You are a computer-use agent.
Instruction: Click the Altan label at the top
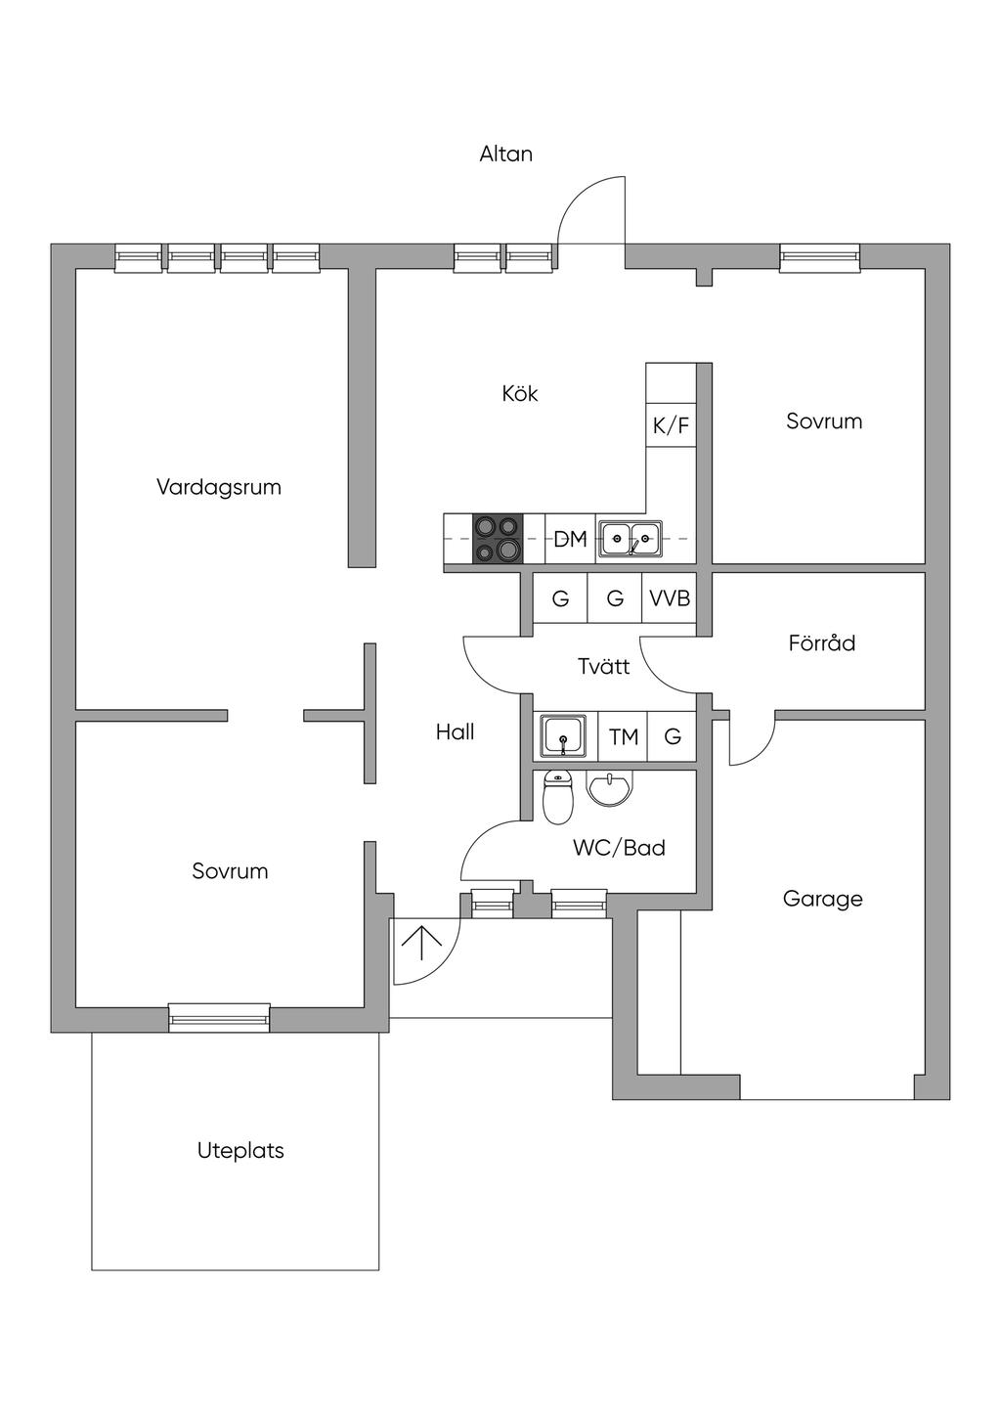click(x=505, y=154)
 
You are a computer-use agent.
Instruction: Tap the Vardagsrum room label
click(x=219, y=486)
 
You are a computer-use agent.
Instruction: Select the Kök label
click(x=520, y=393)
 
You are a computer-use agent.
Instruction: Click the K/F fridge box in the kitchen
click(x=671, y=425)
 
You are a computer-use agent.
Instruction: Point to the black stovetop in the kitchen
click(x=497, y=538)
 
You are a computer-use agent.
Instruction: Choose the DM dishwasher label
click(x=570, y=539)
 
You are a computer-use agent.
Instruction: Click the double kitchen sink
click(x=630, y=538)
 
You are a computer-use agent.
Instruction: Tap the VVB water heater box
click(x=670, y=598)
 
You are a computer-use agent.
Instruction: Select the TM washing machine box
click(x=624, y=736)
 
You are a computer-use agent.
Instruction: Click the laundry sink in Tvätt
click(x=564, y=735)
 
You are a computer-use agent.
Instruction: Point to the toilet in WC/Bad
click(x=557, y=798)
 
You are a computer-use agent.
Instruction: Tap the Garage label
click(x=822, y=898)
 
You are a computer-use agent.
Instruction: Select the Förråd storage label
click(x=821, y=642)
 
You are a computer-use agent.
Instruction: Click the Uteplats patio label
click(x=240, y=1150)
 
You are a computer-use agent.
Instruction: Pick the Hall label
click(x=455, y=731)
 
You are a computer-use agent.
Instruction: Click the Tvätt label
click(x=603, y=667)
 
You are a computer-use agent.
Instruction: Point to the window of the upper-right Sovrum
click(x=820, y=256)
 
